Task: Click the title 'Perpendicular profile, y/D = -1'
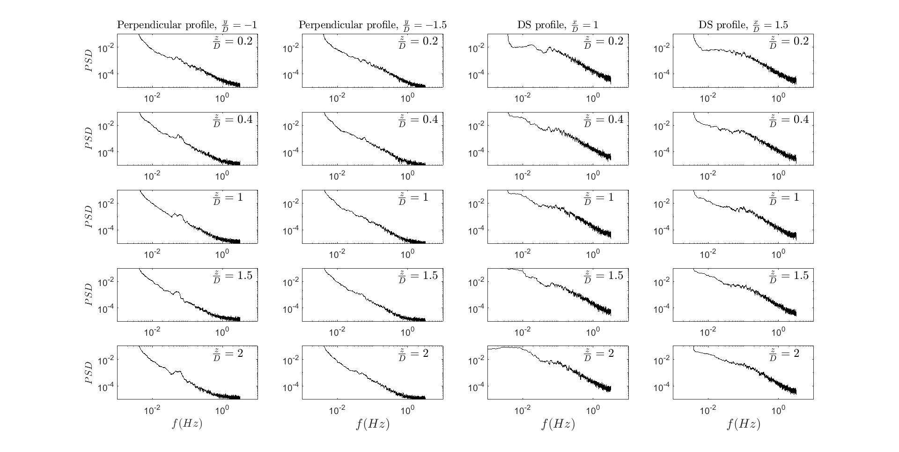click(187, 25)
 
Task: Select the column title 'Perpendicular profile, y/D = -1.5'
click(372, 25)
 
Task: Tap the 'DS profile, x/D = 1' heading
click(558, 25)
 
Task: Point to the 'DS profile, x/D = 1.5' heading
click(743, 25)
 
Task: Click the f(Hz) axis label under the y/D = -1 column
click(187, 424)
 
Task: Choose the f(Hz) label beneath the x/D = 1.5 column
click(743, 424)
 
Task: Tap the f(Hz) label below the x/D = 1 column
click(558, 424)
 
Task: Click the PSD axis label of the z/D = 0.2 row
click(89, 60)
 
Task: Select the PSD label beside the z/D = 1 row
click(89, 217)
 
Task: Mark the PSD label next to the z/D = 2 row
click(89, 373)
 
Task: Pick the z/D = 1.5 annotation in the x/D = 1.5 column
click(789, 276)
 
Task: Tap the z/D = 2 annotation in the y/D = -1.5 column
click(413, 354)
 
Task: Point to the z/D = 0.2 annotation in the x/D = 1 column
click(604, 42)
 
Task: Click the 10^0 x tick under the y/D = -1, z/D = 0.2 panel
click(222, 98)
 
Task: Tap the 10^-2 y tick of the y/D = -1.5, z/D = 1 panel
click(291, 203)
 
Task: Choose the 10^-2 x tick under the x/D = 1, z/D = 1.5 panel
click(523, 332)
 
